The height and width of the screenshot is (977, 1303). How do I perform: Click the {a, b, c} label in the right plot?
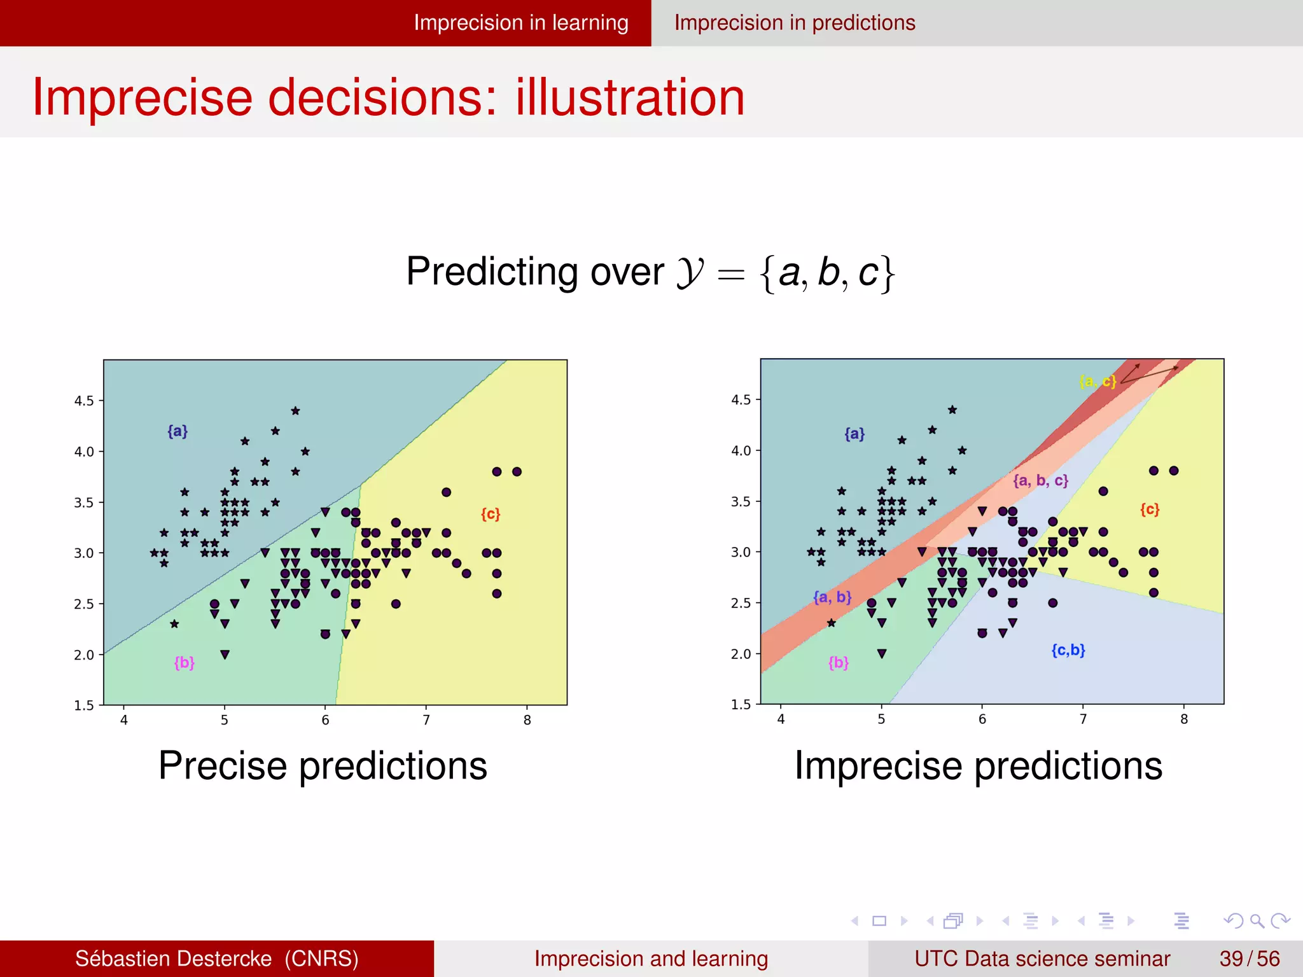[x=1040, y=480]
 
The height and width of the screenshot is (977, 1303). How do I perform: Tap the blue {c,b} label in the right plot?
[x=1068, y=650]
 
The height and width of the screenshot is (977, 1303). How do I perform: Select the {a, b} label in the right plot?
[x=832, y=597]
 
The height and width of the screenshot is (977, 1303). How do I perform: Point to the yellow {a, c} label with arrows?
[x=1097, y=381]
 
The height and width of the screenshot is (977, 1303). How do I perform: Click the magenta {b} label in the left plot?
[x=185, y=663]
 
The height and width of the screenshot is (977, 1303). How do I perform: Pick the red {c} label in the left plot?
[x=491, y=513]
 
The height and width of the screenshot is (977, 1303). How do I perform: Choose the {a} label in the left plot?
[x=178, y=431]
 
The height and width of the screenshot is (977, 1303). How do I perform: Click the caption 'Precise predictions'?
[x=323, y=765]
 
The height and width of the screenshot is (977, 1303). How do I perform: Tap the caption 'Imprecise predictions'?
[x=979, y=765]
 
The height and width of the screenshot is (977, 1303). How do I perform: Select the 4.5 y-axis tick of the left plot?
[x=84, y=401]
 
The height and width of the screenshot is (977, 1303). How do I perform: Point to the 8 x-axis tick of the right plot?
[x=1184, y=719]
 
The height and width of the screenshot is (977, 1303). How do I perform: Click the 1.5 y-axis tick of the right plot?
[x=741, y=704]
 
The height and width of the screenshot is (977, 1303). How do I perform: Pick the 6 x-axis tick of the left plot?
[x=325, y=720]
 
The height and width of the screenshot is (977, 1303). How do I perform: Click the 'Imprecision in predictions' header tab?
[x=795, y=23]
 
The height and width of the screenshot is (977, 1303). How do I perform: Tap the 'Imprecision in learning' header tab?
[x=521, y=23]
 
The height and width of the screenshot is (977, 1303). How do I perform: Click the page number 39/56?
[x=1249, y=959]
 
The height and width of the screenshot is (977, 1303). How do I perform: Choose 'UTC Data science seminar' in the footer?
[x=1042, y=959]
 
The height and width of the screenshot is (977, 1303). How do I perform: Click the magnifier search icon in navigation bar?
[x=1257, y=921]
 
